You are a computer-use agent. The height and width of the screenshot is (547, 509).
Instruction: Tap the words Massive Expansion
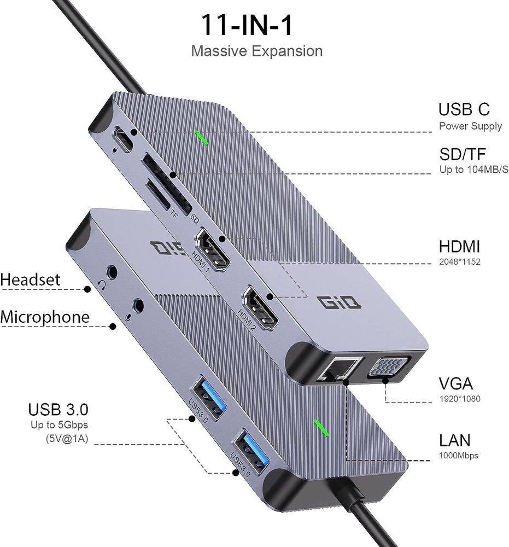coord(257,51)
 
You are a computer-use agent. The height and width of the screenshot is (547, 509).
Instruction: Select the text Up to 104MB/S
coord(473,170)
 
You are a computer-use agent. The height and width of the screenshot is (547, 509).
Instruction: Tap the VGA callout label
coord(455,383)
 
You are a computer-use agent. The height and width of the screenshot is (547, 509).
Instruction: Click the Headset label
coord(37,280)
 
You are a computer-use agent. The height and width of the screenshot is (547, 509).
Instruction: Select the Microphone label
coord(45,317)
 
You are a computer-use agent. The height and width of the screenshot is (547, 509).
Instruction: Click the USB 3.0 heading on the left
coord(58,410)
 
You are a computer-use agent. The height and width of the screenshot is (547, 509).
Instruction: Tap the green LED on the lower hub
coord(321,428)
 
